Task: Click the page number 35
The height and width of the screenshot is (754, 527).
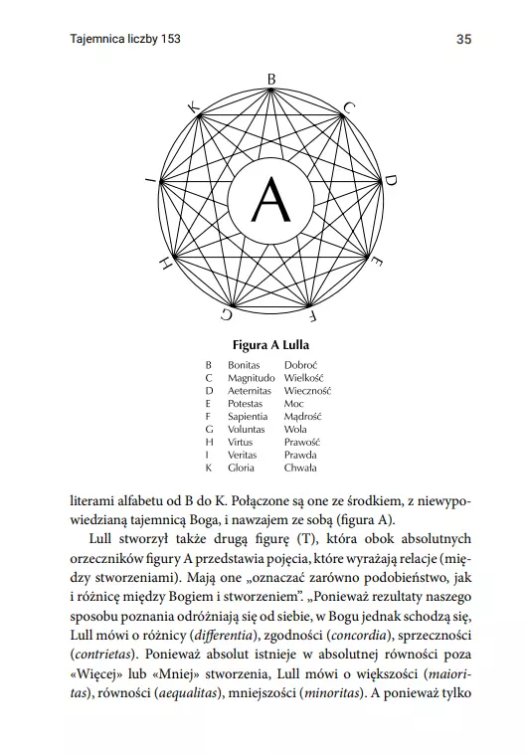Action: pos(463,39)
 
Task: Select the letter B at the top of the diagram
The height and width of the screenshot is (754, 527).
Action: pos(271,78)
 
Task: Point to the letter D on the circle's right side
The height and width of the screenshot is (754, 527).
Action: pos(391,180)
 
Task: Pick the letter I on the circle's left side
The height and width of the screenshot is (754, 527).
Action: pos(149,180)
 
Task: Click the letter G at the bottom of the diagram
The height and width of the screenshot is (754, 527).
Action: pos(228,314)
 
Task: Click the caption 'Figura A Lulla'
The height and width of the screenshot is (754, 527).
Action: pos(270,345)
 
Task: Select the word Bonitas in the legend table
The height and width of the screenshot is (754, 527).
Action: pos(245,365)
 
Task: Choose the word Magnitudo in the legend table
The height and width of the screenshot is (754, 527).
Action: pos(252,378)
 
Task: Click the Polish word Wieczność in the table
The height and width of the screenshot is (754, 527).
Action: pos(307,391)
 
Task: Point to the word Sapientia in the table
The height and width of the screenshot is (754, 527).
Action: pos(249,417)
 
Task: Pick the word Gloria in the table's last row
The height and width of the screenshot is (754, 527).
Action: pos(242,468)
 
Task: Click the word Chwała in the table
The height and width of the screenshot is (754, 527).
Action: pos(300,468)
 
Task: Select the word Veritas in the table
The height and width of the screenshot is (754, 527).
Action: pos(244,455)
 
